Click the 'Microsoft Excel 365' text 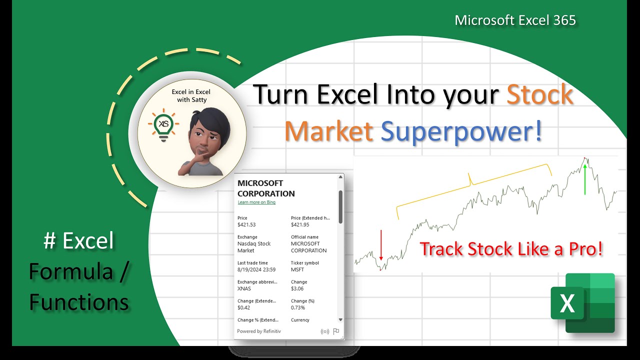point(515,20)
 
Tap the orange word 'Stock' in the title point(540,94)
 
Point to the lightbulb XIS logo point(162,124)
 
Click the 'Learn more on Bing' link point(256,202)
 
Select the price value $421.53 point(246,225)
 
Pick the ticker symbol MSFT point(297,270)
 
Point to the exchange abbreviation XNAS point(244,289)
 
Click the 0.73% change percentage point(298,308)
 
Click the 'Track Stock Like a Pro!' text point(511,249)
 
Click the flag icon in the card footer point(336,331)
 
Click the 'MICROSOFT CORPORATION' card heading point(266,188)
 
